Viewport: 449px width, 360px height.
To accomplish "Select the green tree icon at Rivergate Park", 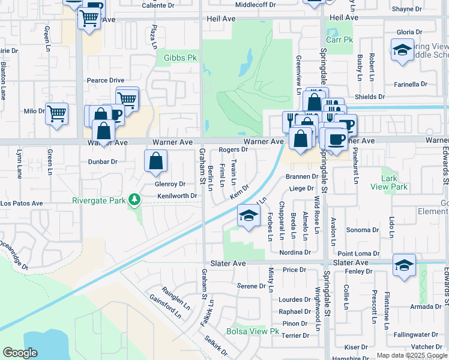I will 136,199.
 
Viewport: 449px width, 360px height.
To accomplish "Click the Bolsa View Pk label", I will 253,331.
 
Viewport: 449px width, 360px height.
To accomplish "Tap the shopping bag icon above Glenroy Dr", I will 155,161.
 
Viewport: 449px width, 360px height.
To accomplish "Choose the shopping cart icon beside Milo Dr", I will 56,112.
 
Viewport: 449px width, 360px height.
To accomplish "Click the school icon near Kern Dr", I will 247,216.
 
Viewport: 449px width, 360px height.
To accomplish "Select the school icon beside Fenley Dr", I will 404,265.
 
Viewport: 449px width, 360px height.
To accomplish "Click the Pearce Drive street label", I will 105,80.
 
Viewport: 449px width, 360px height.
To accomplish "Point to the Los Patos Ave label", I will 22,203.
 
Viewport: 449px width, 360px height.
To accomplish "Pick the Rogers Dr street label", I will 234,149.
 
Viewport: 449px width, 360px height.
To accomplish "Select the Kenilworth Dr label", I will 177,196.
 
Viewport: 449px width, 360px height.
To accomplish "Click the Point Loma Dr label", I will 359,253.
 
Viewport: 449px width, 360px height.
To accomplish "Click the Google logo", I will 20,353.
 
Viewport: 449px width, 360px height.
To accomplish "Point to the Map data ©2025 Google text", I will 411,355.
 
